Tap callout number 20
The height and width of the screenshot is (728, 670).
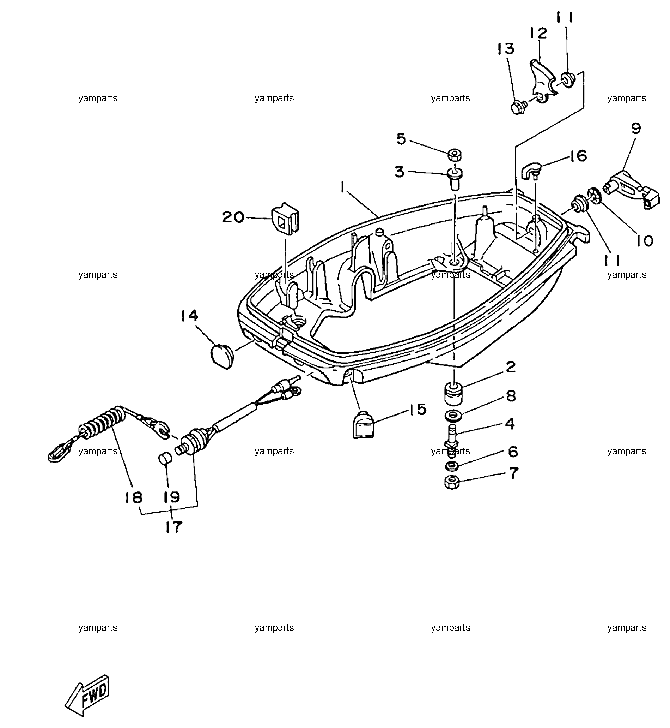(233, 218)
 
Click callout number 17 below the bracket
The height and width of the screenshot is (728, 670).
(173, 527)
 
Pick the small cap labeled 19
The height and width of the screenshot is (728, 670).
(165, 458)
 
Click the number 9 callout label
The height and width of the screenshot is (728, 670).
(635, 129)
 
